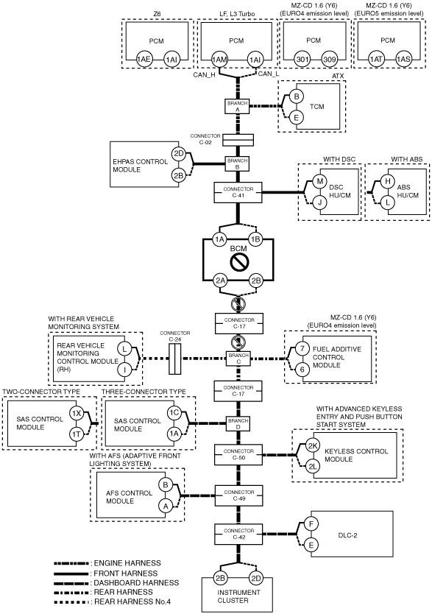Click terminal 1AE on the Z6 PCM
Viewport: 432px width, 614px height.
(x=144, y=60)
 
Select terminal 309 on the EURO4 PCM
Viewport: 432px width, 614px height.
(x=329, y=60)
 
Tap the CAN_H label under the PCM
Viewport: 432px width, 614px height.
(x=204, y=75)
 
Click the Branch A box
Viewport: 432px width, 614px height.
(x=238, y=107)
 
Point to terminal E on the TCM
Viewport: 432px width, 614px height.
(x=296, y=117)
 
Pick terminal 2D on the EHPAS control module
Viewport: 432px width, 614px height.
(x=178, y=153)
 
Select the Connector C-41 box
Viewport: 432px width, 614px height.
(x=238, y=192)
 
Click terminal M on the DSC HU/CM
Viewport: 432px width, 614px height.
(x=319, y=181)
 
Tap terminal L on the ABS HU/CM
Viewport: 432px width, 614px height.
(x=388, y=202)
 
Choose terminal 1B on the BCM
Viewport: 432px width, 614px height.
(x=255, y=239)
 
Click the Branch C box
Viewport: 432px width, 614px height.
(x=238, y=359)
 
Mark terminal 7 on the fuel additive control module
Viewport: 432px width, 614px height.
(x=302, y=348)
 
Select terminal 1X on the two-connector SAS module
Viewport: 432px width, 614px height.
(x=77, y=413)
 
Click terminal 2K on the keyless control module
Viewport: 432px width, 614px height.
(x=313, y=445)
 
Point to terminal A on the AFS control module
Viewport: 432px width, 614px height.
(x=165, y=506)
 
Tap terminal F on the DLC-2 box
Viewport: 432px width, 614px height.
(x=311, y=524)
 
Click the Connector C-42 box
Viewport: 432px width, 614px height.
(x=238, y=534)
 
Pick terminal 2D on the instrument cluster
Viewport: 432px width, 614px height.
(x=256, y=578)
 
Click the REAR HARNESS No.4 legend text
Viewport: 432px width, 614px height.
(x=132, y=601)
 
